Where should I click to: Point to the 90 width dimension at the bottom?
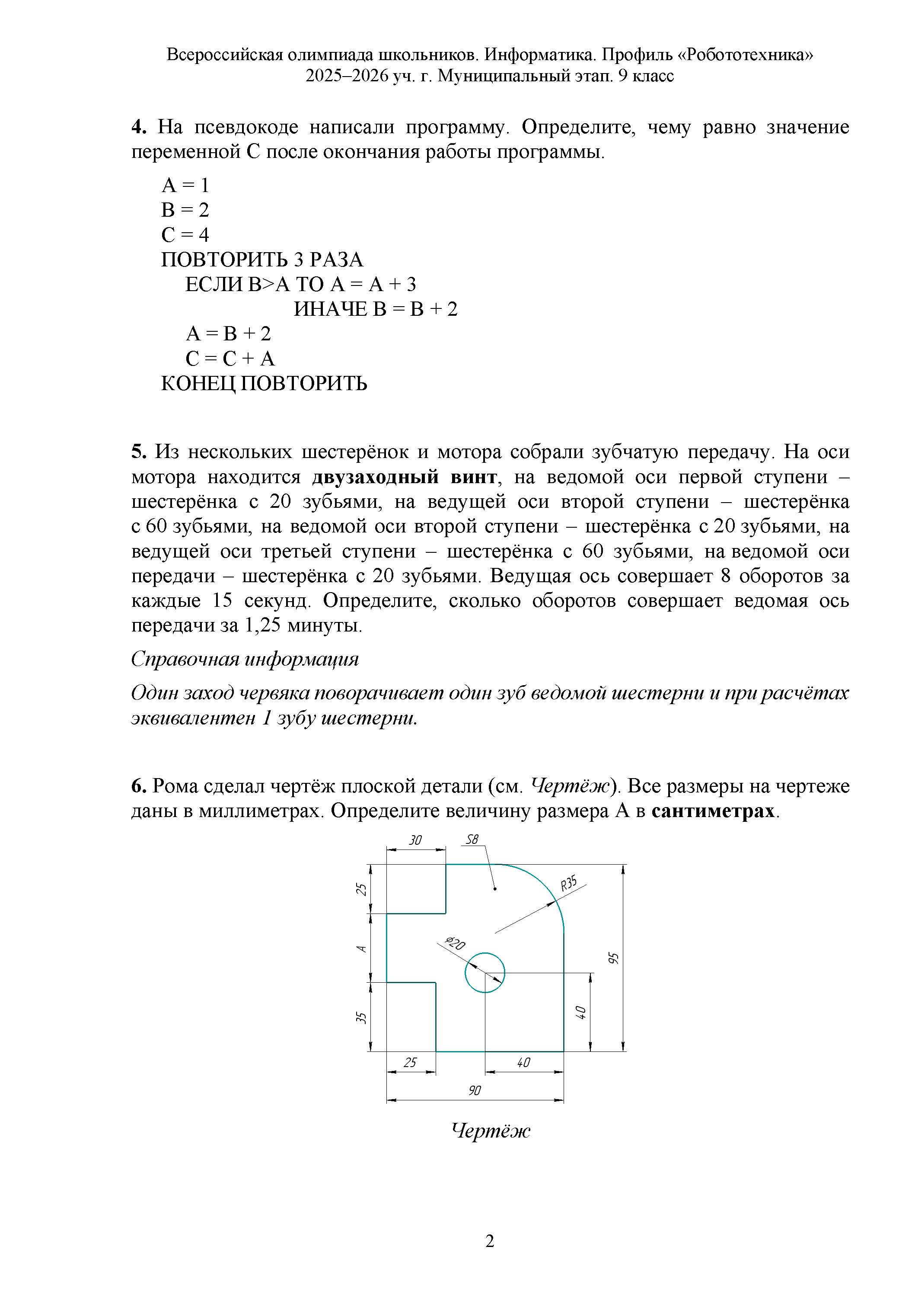pyautogui.click(x=475, y=1090)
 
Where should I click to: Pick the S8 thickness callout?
pyautogui.click(x=471, y=840)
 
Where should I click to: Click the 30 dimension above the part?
pyautogui.click(x=415, y=840)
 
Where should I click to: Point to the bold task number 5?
pyautogui.click(x=139, y=452)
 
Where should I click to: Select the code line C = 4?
pyautogui.click(x=185, y=234)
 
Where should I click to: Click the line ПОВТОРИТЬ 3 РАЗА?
pyautogui.click(x=262, y=260)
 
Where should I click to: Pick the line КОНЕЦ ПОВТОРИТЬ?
pyautogui.click(x=264, y=384)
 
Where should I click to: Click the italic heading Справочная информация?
pyautogui.click(x=245, y=659)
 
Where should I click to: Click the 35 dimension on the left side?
pyautogui.click(x=361, y=1017)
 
